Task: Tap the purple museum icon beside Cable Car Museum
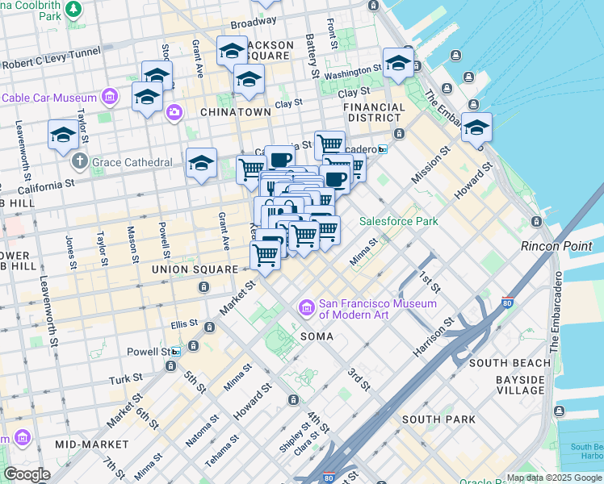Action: pos(111,98)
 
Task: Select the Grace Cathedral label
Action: pos(132,162)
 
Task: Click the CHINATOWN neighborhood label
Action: pos(235,112)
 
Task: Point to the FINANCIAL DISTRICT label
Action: pos(374,113)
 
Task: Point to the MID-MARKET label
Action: pos(92,444)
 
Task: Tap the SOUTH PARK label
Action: pos(432,419)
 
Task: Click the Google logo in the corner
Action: pos(27,474)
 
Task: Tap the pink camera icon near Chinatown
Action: pos(174,112)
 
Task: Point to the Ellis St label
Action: pos(184,324)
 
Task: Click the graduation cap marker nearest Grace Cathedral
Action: pos(201,164)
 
